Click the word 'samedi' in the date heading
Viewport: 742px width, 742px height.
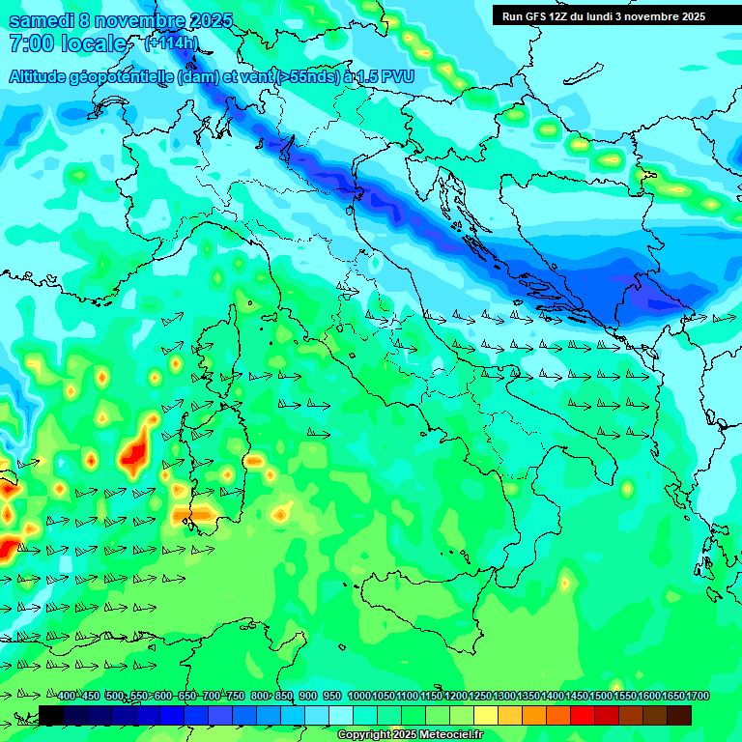(42, 20)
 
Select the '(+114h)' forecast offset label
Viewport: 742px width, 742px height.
(171, 43)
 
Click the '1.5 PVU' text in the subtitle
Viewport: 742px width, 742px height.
(379, 76)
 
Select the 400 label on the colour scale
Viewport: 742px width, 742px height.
(67, 697)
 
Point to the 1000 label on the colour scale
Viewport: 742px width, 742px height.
(359, 697)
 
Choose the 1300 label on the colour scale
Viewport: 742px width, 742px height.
(504, 697)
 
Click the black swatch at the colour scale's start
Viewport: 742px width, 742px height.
(51, 715)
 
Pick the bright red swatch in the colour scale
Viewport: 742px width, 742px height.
(583, 715)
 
